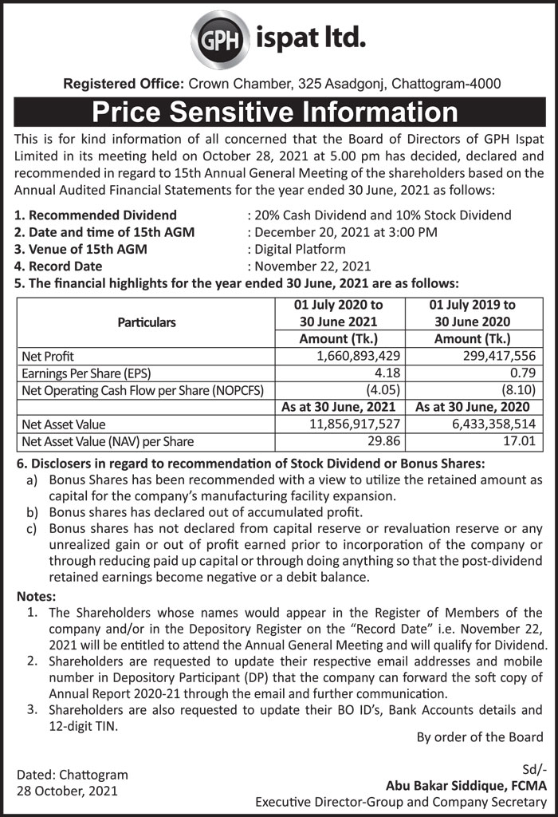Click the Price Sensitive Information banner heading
pos(279,112)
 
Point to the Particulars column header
pos(147,322)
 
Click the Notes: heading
pos(37,596)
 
